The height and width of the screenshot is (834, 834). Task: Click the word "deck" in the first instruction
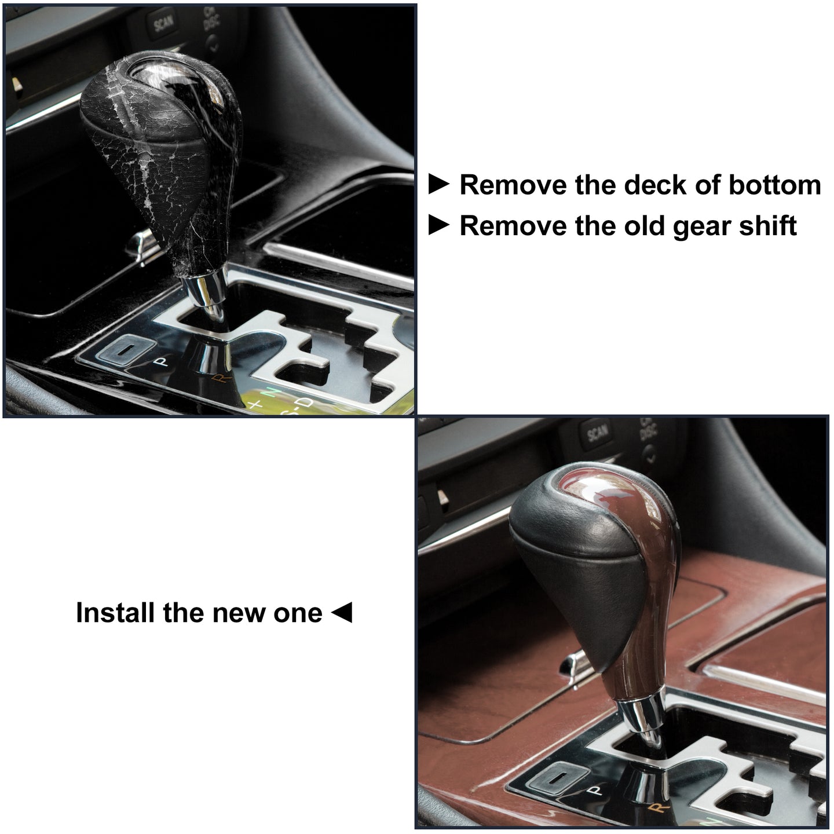656,185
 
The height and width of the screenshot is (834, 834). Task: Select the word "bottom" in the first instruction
775,185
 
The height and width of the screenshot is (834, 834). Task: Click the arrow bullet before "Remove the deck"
439,184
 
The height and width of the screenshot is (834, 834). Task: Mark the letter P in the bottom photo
596,790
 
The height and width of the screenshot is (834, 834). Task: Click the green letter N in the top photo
272,393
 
